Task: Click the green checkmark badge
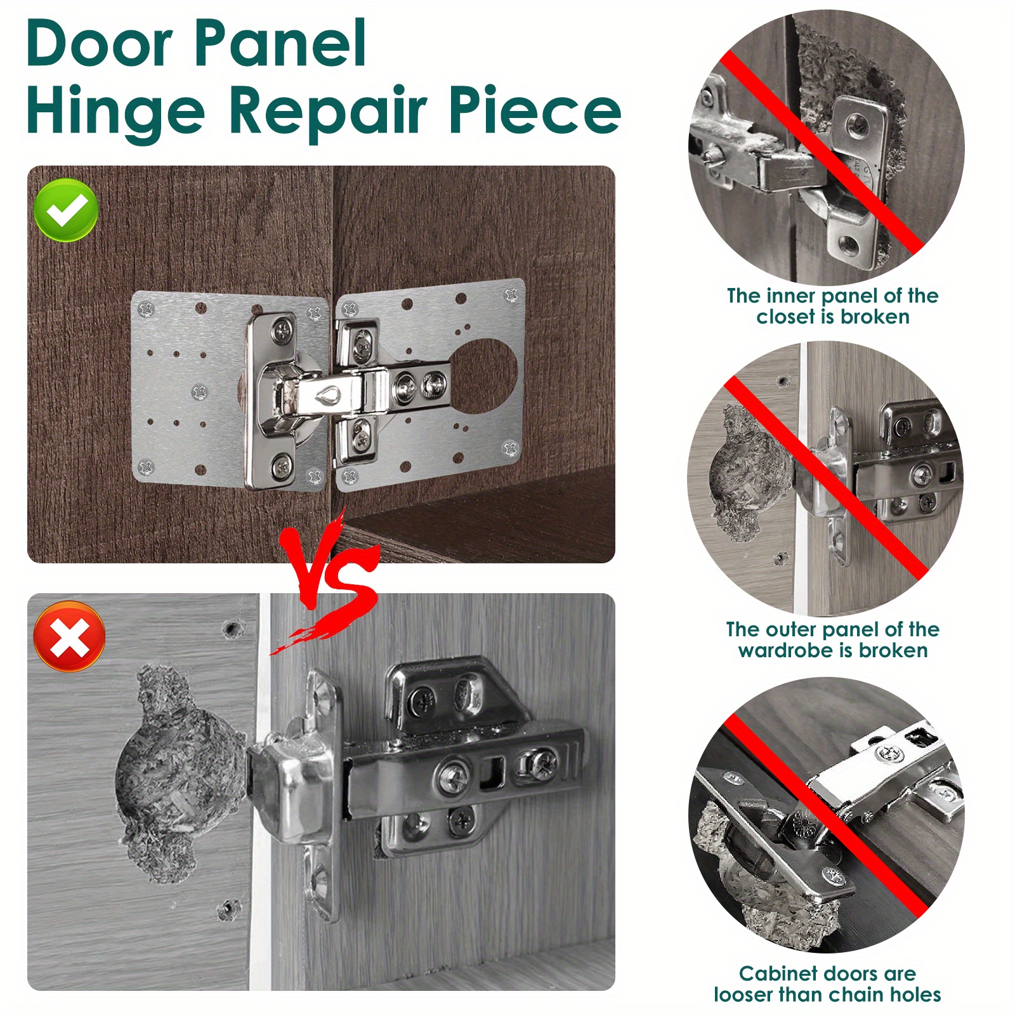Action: click(x=66, y=210)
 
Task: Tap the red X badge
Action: click(x=70, y=636)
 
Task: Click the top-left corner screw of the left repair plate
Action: click(x=147, y=310)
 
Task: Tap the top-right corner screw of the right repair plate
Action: click(x=511, y=294)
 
